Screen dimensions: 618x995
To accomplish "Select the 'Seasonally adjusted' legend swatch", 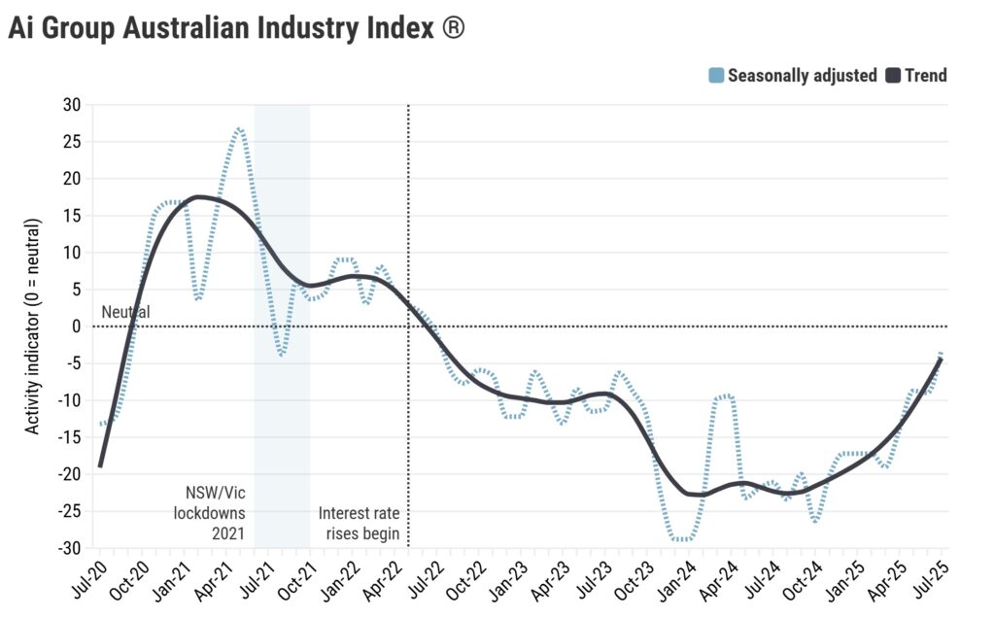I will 716,75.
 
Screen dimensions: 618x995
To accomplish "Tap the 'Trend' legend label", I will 925,75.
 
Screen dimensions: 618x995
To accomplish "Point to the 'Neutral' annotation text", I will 126,313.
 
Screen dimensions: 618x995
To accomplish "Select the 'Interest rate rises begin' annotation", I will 360,523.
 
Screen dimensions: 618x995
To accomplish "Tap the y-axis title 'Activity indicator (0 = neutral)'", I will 33,326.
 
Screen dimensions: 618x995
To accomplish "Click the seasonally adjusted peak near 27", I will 239,127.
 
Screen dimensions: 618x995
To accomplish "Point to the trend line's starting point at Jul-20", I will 99,466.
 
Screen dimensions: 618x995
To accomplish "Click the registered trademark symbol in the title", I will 453,28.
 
